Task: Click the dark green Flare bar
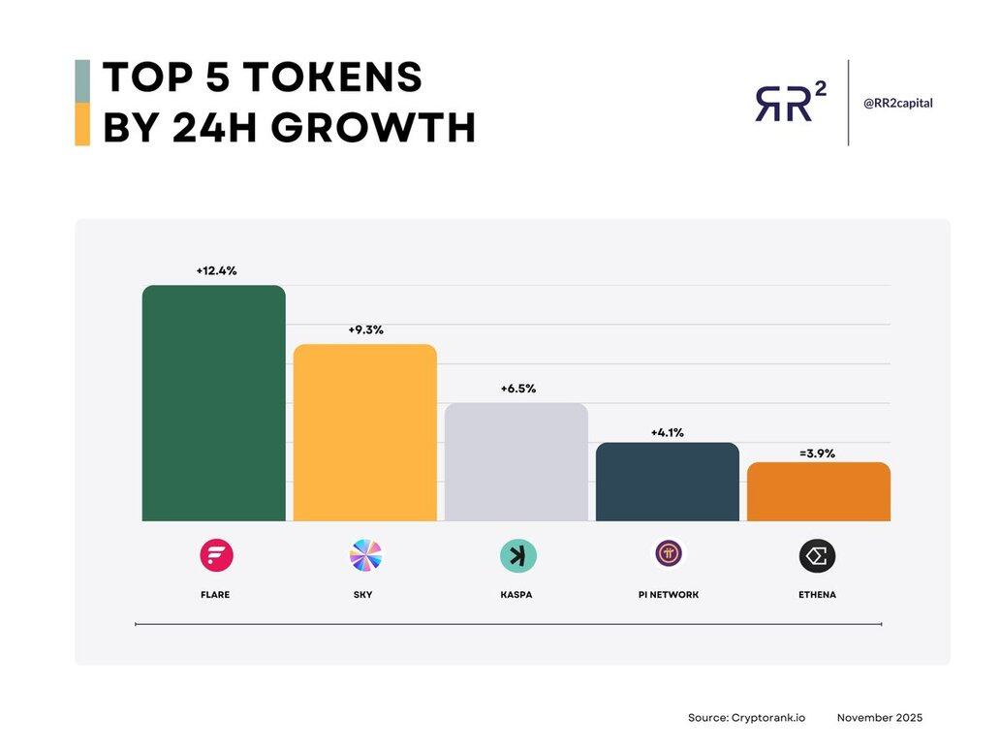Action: tap(213, 403)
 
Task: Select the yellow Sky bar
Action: tap(365, 432)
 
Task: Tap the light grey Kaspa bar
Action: tap(516, 462)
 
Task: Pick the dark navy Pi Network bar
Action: tap(668, 482)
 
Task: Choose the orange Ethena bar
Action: tap(819, 491)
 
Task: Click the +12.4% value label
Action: tap(216, 270)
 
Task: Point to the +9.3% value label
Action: tap(366, 329)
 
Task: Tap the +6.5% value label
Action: tap(517, 389)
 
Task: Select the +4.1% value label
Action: tap(668, 432)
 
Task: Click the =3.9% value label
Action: tap(818, 453)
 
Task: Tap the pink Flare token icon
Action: tap(216, 556)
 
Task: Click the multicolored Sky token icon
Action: tap(365, 556)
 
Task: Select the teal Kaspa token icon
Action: tap(517, 556)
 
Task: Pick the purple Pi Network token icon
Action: tap(668, 554)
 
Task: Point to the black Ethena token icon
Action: tap(818, 556)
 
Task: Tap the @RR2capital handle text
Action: tap(898, 103)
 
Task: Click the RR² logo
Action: tap(790, 102)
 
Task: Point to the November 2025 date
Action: tap(880, 718)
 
